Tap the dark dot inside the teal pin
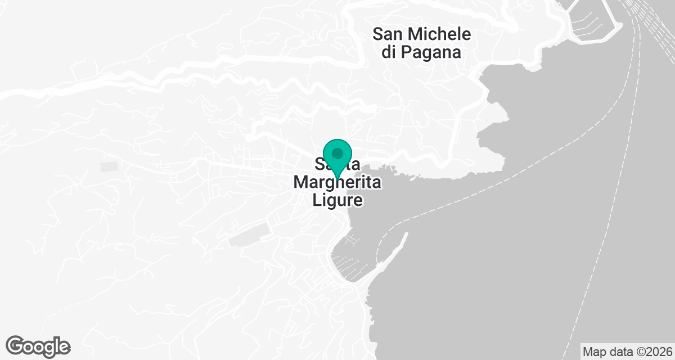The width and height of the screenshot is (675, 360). pyautogui.click(x=337, y=153)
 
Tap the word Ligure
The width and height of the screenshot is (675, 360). pyautogui.click(x=337, y=201)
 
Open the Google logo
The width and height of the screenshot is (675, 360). pyautogui.click(x=38, y=346)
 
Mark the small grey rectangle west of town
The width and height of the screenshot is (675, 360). pyautogui.click(x=109, y=166)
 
